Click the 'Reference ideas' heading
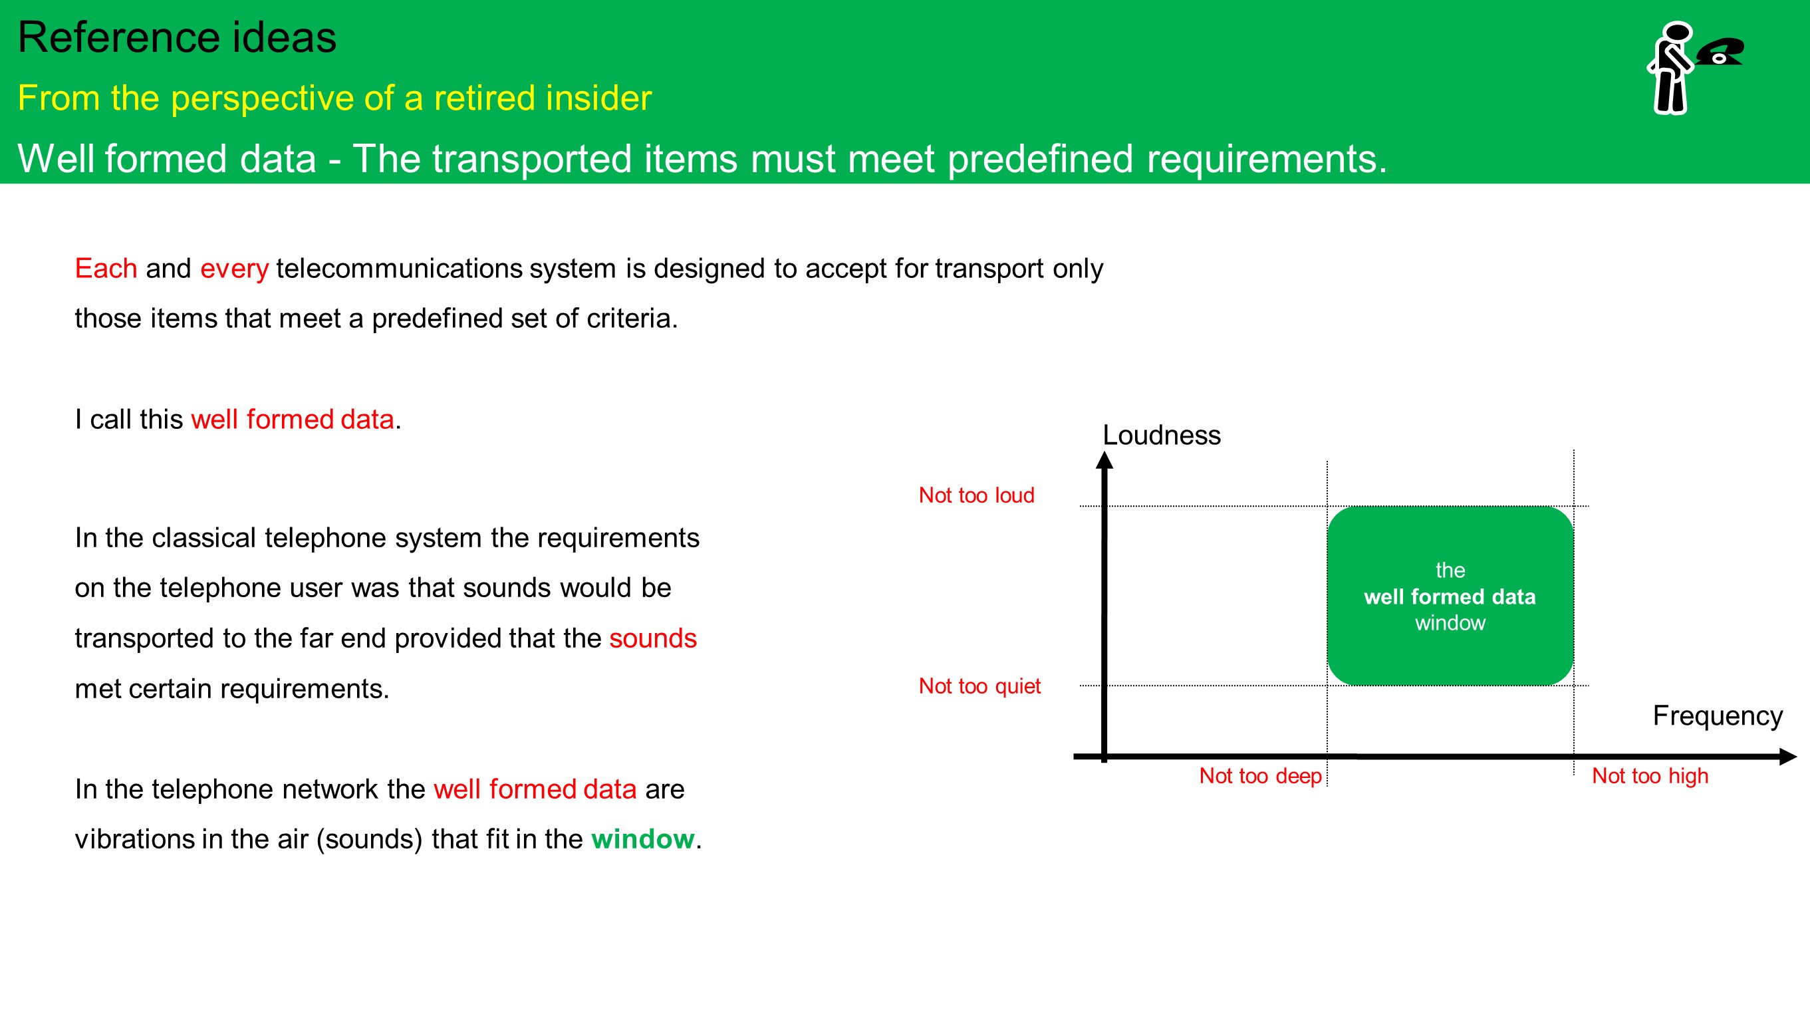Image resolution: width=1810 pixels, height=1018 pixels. [x=177, y=37]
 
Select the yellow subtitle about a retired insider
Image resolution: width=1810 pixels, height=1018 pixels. [x=334, y=98]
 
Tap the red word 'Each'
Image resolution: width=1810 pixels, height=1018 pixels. [x=106, y=269]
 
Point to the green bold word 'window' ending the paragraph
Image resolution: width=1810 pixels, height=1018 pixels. [x=643, y=839]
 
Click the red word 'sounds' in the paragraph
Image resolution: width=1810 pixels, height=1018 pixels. [x=653, y=638]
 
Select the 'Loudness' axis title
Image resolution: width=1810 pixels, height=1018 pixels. [x=1162, y=436]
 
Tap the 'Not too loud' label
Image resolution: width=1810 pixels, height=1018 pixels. [x=977, y=495]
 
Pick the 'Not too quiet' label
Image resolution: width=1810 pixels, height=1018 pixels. [x=979, y=686]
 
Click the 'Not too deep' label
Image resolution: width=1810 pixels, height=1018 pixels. [x=1261, y=775]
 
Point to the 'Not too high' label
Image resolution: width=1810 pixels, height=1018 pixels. [x=1650, y=775]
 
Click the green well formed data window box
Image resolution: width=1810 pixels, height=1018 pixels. [x=1450, y=596]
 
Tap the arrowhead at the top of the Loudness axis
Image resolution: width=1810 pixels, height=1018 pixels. [x=1104, y=459]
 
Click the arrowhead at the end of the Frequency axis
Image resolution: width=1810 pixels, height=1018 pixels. [x=1788, y=757]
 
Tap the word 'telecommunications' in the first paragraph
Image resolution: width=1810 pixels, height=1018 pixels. [x=399, y=269]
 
